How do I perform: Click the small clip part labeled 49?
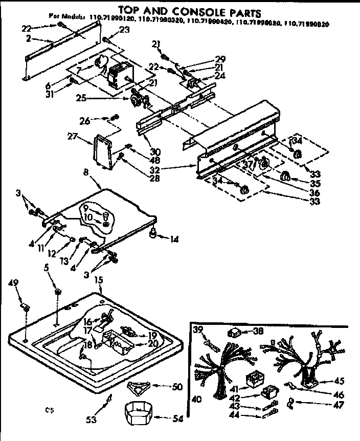click(x=24, y=307)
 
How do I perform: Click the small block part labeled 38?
click(x=236, y=332)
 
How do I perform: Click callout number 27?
click(x=71, y=136)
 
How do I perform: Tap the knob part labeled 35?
click(x=286, y=177)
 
